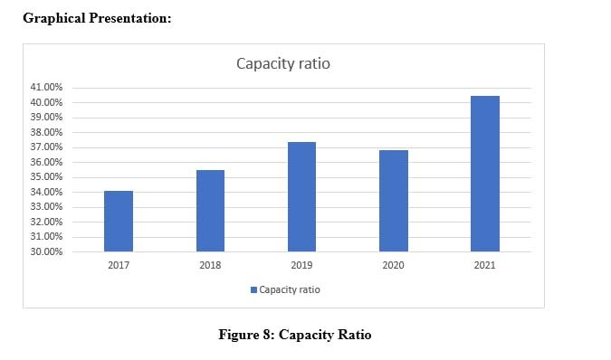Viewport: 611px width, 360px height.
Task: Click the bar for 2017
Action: tap(119, 222)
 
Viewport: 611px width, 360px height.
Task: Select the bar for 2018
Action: tap(210, 211)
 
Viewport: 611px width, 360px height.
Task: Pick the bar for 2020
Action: tap(393, 201)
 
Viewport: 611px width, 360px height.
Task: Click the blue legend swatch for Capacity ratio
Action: tap(253, 290)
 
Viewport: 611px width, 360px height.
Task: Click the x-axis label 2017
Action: tap(119, 266)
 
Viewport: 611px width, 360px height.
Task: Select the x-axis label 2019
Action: tap(301, 266)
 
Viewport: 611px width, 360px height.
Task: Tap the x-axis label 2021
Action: tap(484, 266)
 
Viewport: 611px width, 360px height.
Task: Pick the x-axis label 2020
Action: tap(393, 266)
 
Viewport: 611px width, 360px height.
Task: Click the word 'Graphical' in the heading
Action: tap(53, 18)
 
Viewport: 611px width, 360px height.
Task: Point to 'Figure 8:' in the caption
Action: tap(246, 335)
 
